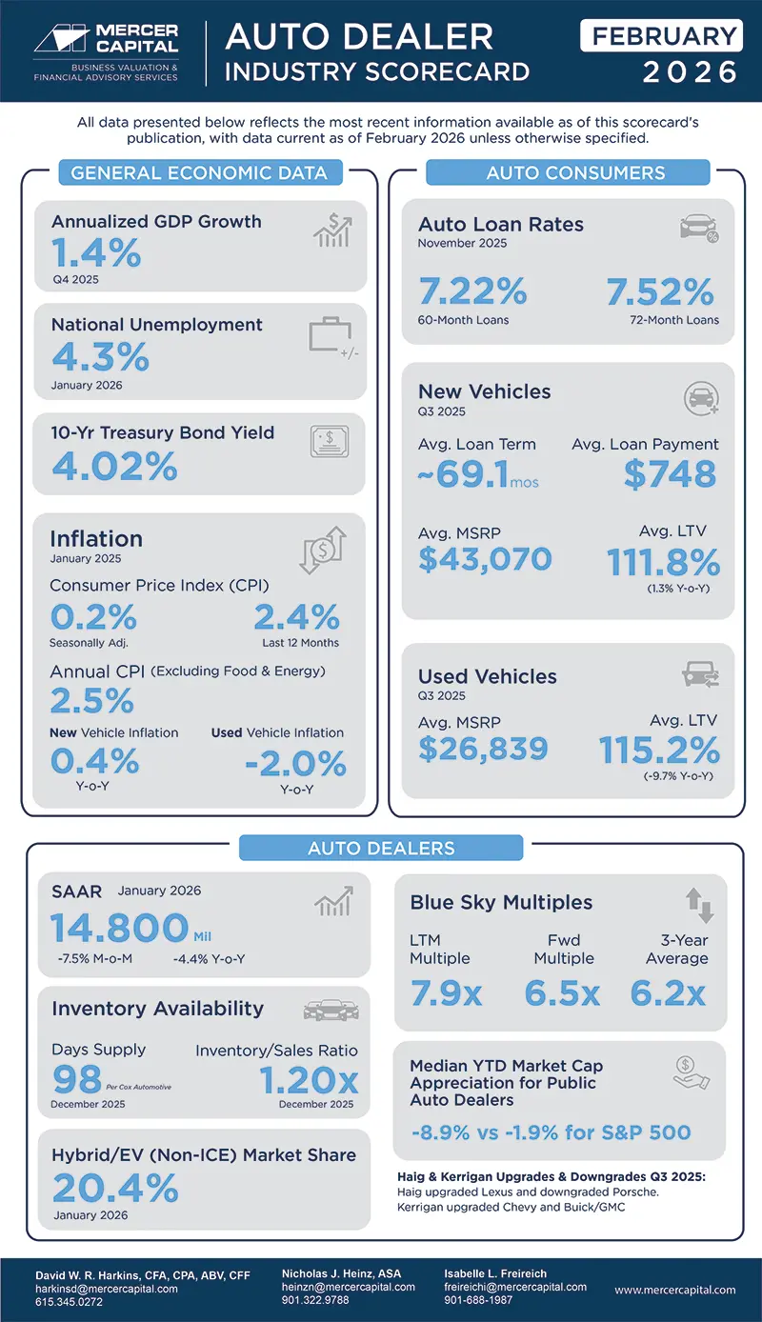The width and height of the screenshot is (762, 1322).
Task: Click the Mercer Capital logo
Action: [x=105, y=50]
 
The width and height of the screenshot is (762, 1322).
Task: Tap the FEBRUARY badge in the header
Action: [x=661, y=36]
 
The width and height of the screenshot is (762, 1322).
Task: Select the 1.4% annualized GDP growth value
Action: [x=96, y=253]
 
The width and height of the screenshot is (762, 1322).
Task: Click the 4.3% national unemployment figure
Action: [x=100, y=357]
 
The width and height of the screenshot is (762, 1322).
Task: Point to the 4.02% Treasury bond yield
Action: [x=114, y=467]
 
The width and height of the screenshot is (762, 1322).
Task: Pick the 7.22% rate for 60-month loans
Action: [x=472, y=291]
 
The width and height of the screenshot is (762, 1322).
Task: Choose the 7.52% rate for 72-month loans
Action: [x=660, y=291]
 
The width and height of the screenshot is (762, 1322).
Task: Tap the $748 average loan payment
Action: [x=670, y=473]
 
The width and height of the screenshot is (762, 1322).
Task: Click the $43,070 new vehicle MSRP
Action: [x=485, y=558]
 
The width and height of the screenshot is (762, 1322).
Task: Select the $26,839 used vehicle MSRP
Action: [x=483, y=748]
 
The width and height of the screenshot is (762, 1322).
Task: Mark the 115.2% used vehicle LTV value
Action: [x=658, y=751]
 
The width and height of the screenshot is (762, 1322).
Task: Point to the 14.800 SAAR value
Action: [x=120, y=928]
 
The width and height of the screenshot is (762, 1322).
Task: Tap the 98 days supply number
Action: [x=76, y=1079]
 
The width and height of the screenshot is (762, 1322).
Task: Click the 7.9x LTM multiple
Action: [x=446, y=993]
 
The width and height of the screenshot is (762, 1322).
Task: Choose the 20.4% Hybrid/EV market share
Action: [x=115, y=1188]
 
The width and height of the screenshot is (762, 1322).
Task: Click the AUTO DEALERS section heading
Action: [x=381, y=848]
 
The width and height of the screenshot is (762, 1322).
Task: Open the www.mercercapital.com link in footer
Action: [x=674, y=1290]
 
